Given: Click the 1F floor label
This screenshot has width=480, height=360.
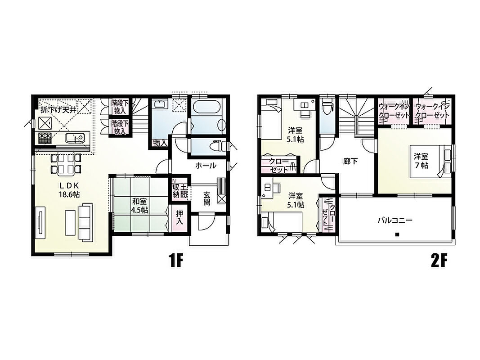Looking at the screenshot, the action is coord(175,261).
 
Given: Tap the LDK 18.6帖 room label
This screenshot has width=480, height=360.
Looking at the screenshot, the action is coord(69,189).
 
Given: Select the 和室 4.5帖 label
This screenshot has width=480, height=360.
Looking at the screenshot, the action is coord(140,206).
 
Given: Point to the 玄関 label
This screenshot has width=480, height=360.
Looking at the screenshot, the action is coord(207,198).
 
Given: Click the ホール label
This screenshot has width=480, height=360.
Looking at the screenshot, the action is coord(206,166).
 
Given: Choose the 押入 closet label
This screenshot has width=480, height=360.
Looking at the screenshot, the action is coord(179,217).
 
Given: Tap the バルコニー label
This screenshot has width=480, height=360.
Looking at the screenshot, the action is coord(395,220).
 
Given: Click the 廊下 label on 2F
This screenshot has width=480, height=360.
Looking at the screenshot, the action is coord(350,161).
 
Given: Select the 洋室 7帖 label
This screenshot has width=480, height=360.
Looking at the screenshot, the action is coord(421,161).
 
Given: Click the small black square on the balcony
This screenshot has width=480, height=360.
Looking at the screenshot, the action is coord(397,235).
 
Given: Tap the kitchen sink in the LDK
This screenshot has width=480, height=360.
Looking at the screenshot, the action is coord(74,138).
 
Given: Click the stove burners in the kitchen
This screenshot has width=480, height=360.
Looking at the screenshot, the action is coord(45,138).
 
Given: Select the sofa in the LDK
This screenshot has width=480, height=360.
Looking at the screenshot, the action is coord(85,222).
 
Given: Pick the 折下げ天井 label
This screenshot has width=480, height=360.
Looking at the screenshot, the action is coord(58,110).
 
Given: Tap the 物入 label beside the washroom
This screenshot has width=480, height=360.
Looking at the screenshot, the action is coord(160,143).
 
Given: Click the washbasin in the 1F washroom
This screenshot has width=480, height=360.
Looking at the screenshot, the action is coord(160,104).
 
